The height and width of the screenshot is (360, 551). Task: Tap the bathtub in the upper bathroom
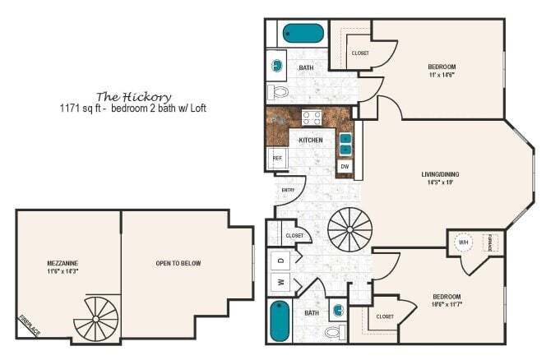click(x=303, y=34)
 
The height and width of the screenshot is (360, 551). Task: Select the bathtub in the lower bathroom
click(x=280, y=322)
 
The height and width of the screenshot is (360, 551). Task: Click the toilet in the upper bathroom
click(x=278, y=91)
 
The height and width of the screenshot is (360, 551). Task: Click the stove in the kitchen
click(x=312, y=117)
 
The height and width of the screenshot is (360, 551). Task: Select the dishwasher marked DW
click(x=345, y=167)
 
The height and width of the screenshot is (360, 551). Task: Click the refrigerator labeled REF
click(x=277, y=157)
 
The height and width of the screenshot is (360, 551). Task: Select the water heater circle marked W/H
click(x=462, y=243)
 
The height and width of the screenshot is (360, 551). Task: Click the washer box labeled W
click(x=280, y=284)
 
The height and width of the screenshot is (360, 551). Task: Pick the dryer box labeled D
click(x=280, y=260)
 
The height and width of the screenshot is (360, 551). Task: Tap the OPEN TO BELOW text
click(x=178, y=264)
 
